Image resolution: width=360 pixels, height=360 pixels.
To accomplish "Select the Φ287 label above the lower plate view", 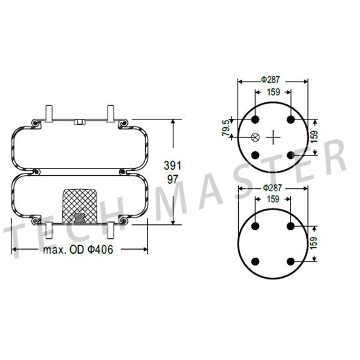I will pyautogui.click(x=273, y=188).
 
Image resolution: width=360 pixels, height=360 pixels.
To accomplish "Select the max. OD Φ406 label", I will pyautogui.click(x=77, y=250).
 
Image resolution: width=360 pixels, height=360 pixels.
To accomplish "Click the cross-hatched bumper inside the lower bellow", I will pyautogui.click(x=79, y=205).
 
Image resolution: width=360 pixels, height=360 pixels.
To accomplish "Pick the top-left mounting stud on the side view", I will pyautogui.click(x=49, y=113).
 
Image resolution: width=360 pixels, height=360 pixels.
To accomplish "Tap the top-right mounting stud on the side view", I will pyautogui.click(x=110, y=113).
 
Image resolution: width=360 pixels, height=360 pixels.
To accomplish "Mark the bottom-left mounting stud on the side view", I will pyautogui.click(x=49, y=228).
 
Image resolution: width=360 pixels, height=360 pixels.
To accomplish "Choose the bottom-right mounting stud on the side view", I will pyautogui.click(x=110, y=228).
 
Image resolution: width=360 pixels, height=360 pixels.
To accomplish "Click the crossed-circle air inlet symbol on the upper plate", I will pyautogui.click(x=255, y=137).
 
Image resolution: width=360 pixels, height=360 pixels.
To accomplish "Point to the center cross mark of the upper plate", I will pyautogui.click(x=273, y=137).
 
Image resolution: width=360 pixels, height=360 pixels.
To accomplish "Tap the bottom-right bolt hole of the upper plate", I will pyautogui.click(x=291, y=155).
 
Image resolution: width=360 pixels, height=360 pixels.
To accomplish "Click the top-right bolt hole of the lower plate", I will pyautogui.click(x=291, y=226).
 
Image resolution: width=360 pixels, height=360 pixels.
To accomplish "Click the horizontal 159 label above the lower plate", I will pyautogui.click(x=273, y=199).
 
